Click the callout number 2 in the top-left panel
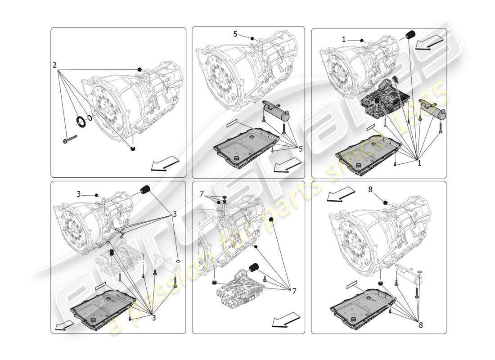(55, 65)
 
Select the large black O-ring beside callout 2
(81, 121)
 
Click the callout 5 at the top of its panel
(235, 34)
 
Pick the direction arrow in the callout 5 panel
(287, 165)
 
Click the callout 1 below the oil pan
(419, 163)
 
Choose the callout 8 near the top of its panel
(370, 190)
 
